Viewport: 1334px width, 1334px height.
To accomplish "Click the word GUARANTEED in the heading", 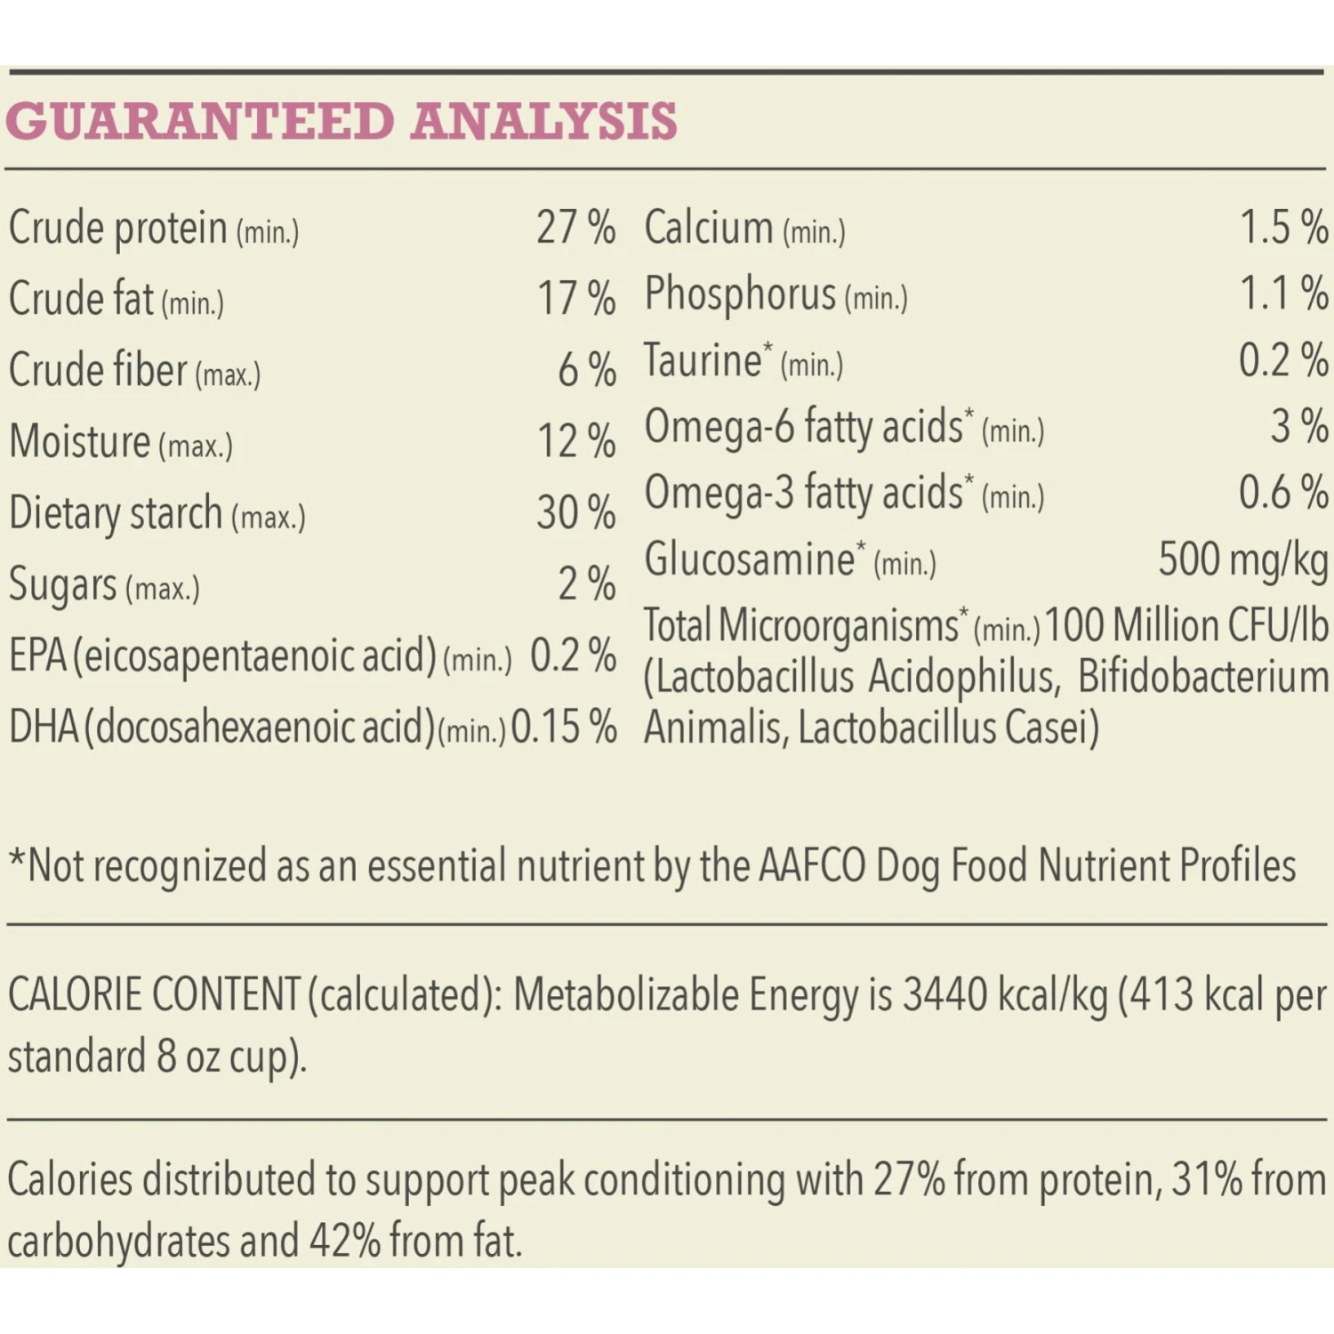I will coord(199,121).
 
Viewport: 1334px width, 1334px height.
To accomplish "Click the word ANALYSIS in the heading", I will coord(543,121).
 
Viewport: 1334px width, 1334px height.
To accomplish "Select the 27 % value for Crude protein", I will coord(575,228).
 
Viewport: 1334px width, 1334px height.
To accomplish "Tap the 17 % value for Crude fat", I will coord(575,299).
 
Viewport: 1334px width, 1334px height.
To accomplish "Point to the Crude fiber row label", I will coord(98,370).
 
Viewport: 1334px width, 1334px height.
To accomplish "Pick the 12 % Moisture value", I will coord(575,441).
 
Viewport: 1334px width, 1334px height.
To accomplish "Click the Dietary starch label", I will coord(115,513).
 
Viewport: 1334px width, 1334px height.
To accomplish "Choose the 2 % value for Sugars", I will coord(586,584).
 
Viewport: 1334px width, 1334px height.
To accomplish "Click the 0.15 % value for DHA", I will coord(564,727).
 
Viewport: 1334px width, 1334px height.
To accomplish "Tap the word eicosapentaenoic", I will coord(254,656).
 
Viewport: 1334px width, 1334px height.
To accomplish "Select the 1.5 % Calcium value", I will coord(1283,228).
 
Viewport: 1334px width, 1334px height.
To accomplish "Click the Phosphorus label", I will coord(740,294).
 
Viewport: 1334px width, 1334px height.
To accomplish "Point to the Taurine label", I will coord(703,361).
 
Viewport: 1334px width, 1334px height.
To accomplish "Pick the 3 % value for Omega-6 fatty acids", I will coord(1299,426).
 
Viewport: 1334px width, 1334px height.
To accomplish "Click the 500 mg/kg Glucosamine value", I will coord(1242,560).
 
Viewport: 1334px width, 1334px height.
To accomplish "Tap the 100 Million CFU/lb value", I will coord(1186,626).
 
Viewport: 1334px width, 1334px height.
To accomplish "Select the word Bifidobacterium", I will coord(1202,678).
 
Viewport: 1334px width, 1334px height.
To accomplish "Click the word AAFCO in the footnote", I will coord(812,865).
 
